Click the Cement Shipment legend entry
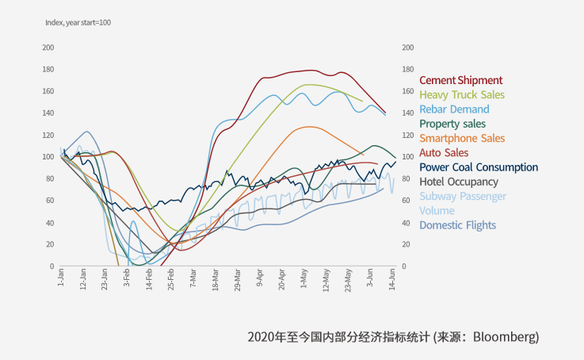click(460, 80)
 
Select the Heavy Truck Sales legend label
click(461, 94)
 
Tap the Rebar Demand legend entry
click(454, 109)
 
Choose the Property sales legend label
click(452, 124)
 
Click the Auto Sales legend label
click(444, 152)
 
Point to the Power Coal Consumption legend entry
click(479, 167)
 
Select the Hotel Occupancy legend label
click(459, 182)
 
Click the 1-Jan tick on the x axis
click(61, 278)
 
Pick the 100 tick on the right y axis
click(408, 157)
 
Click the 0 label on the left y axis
click(52, 266)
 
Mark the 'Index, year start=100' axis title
click(78, 22)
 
